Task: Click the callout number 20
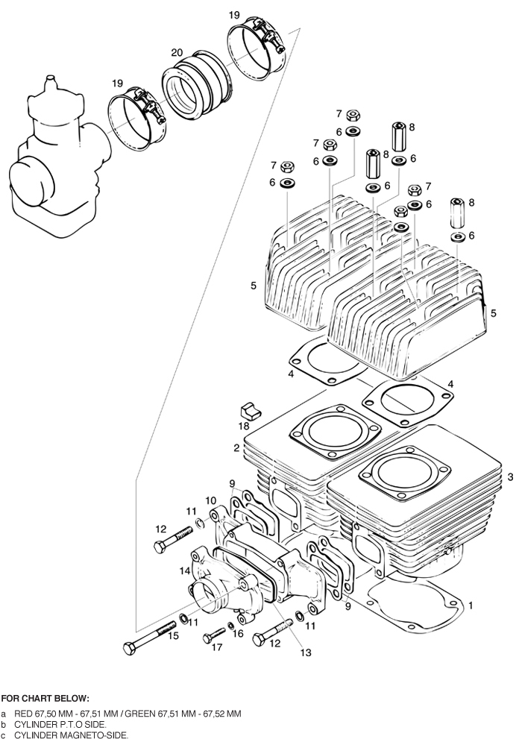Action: point(177,52)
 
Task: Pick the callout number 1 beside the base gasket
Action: point(471,606)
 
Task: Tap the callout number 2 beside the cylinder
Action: point(236,448)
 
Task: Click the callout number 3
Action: point(510,477)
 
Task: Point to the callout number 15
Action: point(173,636)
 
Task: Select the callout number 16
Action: point(239,633)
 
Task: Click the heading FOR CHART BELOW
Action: point(45,699)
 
